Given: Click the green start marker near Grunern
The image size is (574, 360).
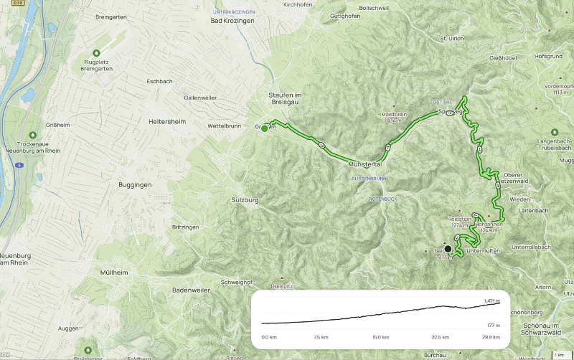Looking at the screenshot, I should click(x=265, y=129).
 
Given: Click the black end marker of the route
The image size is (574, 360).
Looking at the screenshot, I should click(x=448, y=249).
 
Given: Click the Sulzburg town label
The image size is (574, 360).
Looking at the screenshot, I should click(x=245, y=200).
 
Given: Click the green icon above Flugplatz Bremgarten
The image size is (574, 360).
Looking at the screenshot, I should click(x=96, y=52).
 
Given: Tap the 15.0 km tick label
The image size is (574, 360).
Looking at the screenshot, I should click(x=380, y=336).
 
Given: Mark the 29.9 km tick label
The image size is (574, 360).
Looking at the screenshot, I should click(x=490, y=336).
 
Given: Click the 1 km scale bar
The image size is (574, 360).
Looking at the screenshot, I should click(x=559, y=354).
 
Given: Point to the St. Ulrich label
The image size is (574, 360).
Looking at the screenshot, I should click(x=452, y=38).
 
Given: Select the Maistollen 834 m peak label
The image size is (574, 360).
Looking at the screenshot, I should click(x=395, y=118).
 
